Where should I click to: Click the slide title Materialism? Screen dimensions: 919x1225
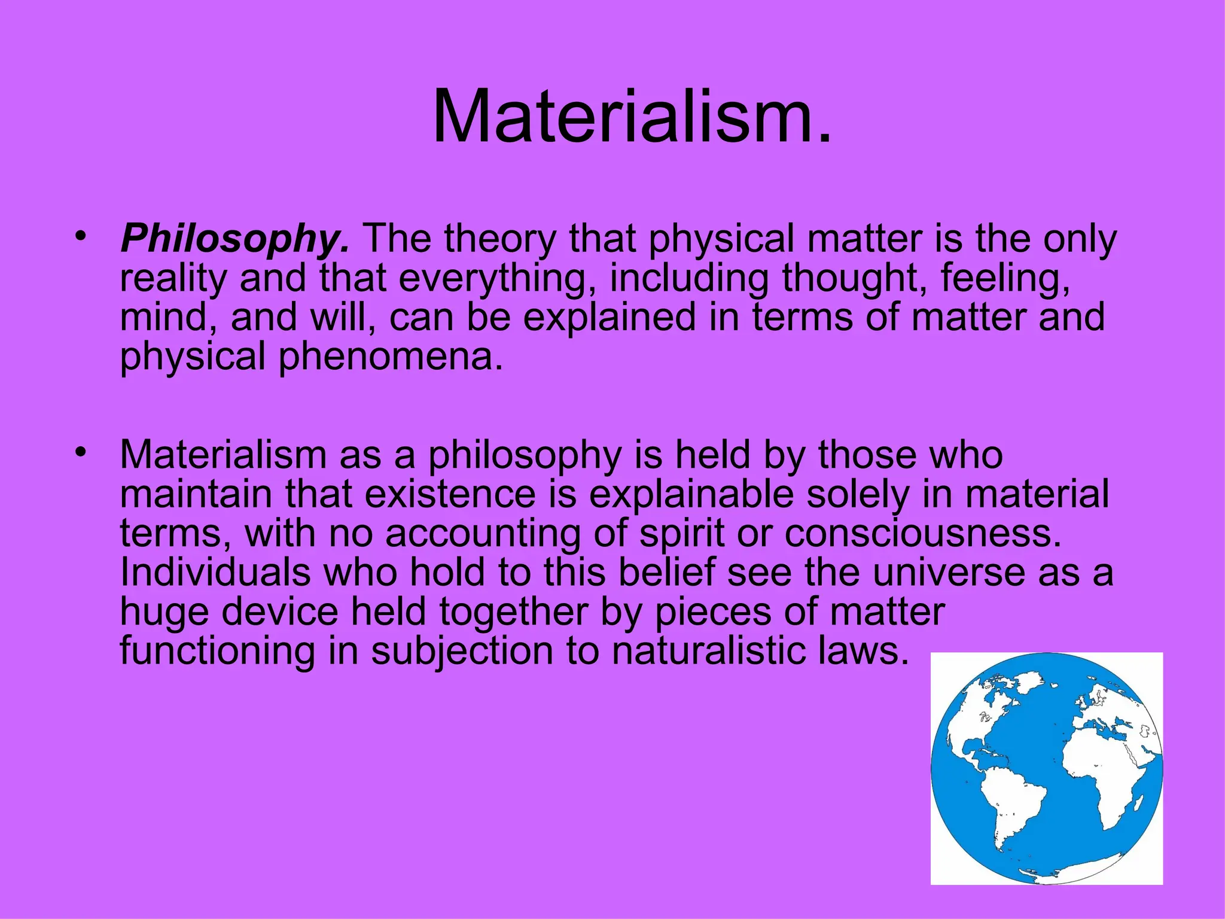(x=632, y=117)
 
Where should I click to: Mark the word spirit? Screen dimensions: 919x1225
(x=682, y=533)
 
